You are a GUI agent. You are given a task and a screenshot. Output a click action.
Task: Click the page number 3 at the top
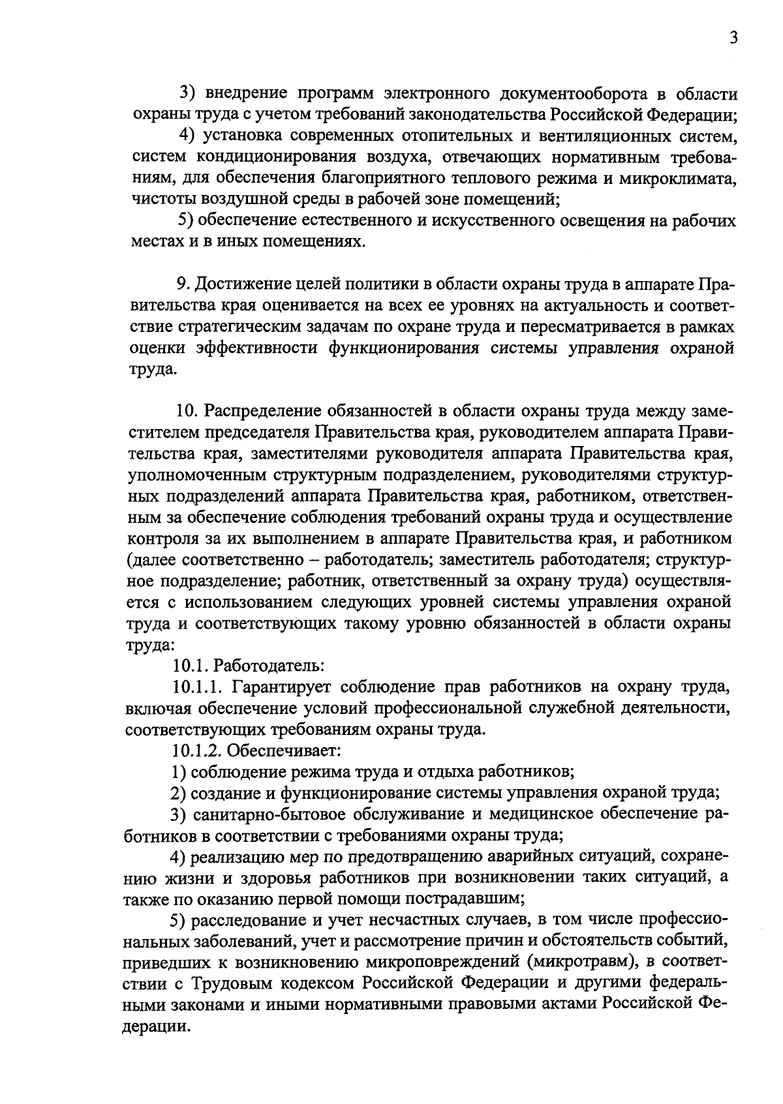733,38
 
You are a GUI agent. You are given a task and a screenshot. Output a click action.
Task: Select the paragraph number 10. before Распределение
188,411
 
